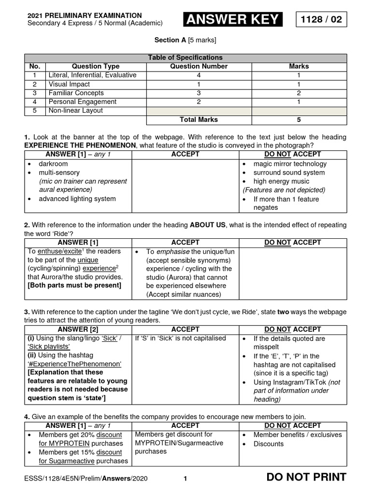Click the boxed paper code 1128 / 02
(321, 19)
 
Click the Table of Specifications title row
(185, 58)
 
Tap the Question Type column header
(95, 66)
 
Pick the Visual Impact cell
(69, 84)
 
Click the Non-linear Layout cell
(75, 110)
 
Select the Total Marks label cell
(199, 119)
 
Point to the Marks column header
(299, 66)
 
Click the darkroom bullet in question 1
(53, 164)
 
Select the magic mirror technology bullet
(290, 164)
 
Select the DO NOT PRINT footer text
(306, 477)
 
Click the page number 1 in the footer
(185, 479)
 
